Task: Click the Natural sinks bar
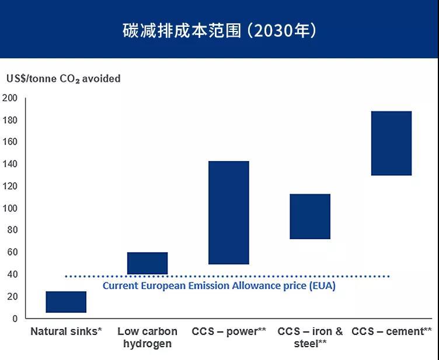pos(66,302)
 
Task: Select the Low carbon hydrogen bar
pos(147,263)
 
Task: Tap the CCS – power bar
pos(229,212)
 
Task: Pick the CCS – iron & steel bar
pos(310,216)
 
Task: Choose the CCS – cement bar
pos(391,143)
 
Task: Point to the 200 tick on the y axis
pos(10,97)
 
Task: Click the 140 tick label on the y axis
pos(10,164)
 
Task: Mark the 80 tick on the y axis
pos(12,230)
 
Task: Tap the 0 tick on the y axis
pos(15,319)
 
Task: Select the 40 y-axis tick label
pos(12,274)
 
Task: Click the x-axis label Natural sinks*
pos(66,331)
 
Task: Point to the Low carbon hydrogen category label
pos(147,337)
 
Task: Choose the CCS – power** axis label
pos(229,331)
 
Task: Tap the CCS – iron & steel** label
pos(310,337)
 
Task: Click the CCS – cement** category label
pos(392,331)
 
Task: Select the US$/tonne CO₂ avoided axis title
pos(63,79)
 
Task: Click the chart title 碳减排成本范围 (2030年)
pos(219,30)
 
